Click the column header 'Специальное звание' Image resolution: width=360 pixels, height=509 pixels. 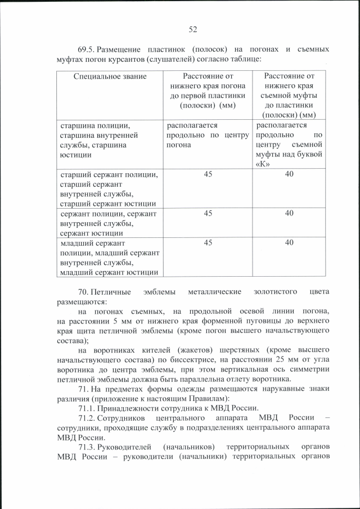click(110, 76)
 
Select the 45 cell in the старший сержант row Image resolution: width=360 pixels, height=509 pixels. click(208, 174)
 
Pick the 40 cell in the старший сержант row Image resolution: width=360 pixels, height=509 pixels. click(289, 174)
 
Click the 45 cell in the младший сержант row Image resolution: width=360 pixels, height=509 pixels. click(208, 242)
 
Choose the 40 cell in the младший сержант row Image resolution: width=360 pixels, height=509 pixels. click(289, 242)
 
